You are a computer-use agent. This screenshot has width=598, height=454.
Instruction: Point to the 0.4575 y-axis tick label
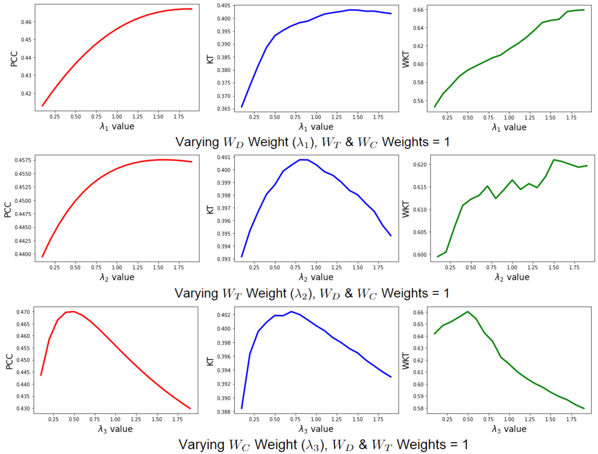point(23,160)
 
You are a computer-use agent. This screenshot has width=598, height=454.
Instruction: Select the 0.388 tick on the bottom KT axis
point(224,412)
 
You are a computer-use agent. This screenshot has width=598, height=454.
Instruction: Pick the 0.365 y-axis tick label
point(224,109)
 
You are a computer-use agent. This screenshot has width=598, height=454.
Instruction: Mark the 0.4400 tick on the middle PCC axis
point(23,254)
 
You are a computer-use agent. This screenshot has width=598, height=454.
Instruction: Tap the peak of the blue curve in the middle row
point(303,160)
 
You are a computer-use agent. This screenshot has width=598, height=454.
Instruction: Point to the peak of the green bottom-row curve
point(468,312)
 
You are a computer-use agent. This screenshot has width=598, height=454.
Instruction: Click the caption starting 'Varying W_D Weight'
point(312,142)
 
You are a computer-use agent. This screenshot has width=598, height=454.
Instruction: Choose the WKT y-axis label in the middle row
point(406,209)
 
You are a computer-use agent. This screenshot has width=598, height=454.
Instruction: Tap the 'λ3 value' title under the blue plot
point(316,429)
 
